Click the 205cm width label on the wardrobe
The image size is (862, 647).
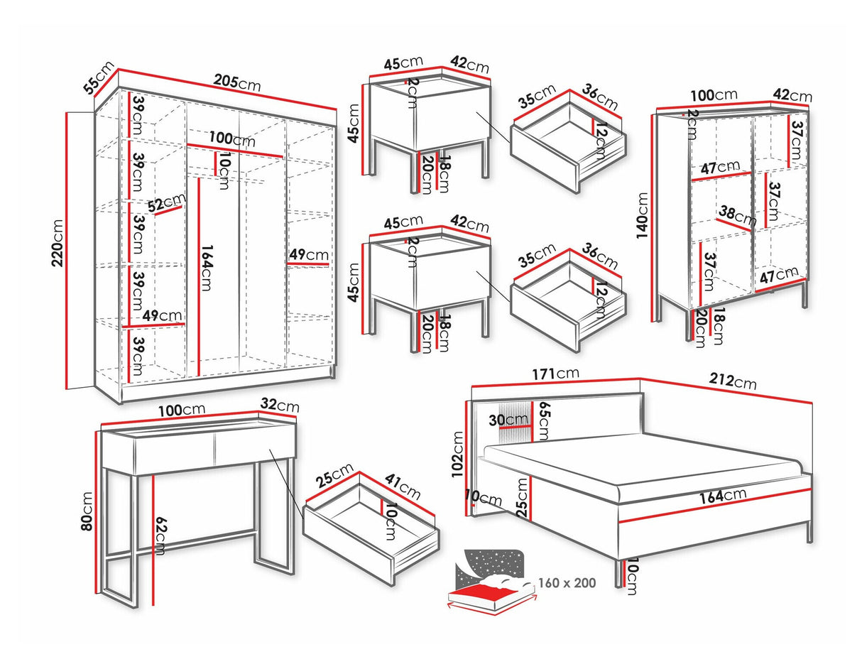237,83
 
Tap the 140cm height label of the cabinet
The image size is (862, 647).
643,215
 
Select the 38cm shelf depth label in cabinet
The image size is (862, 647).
736,214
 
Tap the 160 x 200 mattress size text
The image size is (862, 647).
568,582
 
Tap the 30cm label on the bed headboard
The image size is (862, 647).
508,420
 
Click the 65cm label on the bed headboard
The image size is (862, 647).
543,420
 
